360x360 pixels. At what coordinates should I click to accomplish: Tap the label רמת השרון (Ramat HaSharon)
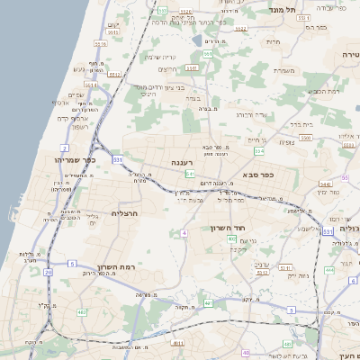(114, 267)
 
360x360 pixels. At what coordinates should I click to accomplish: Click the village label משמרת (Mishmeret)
(286, 69)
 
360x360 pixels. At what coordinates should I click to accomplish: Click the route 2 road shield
(65, 147)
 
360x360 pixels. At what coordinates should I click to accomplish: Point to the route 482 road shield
(83, 311)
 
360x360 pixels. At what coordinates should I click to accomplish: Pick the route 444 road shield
(329, 268)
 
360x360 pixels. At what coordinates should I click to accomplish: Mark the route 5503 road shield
(307, 138)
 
